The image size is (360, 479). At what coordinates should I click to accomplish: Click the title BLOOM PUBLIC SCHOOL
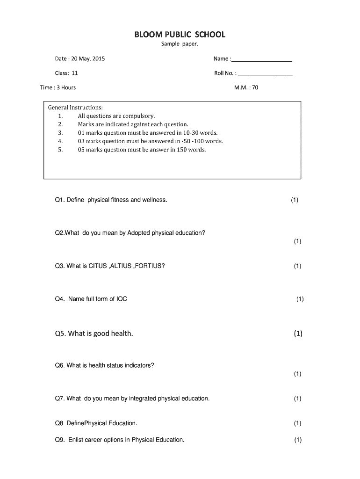(x=180, y=35)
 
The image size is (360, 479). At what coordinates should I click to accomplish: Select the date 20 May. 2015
(x=87, y=59)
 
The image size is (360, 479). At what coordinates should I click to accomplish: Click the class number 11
(x=75, y=73)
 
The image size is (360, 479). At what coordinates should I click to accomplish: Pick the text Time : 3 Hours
(x=58, y=87)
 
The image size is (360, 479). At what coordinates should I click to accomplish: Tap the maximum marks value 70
(x=255, y=87)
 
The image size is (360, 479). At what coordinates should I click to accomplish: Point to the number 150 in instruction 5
(x=182, y=150)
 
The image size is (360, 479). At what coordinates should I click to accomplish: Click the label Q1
(x=59, y=200)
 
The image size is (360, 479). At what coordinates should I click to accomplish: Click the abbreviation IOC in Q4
(x=122, y=299)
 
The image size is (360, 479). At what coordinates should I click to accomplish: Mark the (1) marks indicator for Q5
(x=298, y=334)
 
